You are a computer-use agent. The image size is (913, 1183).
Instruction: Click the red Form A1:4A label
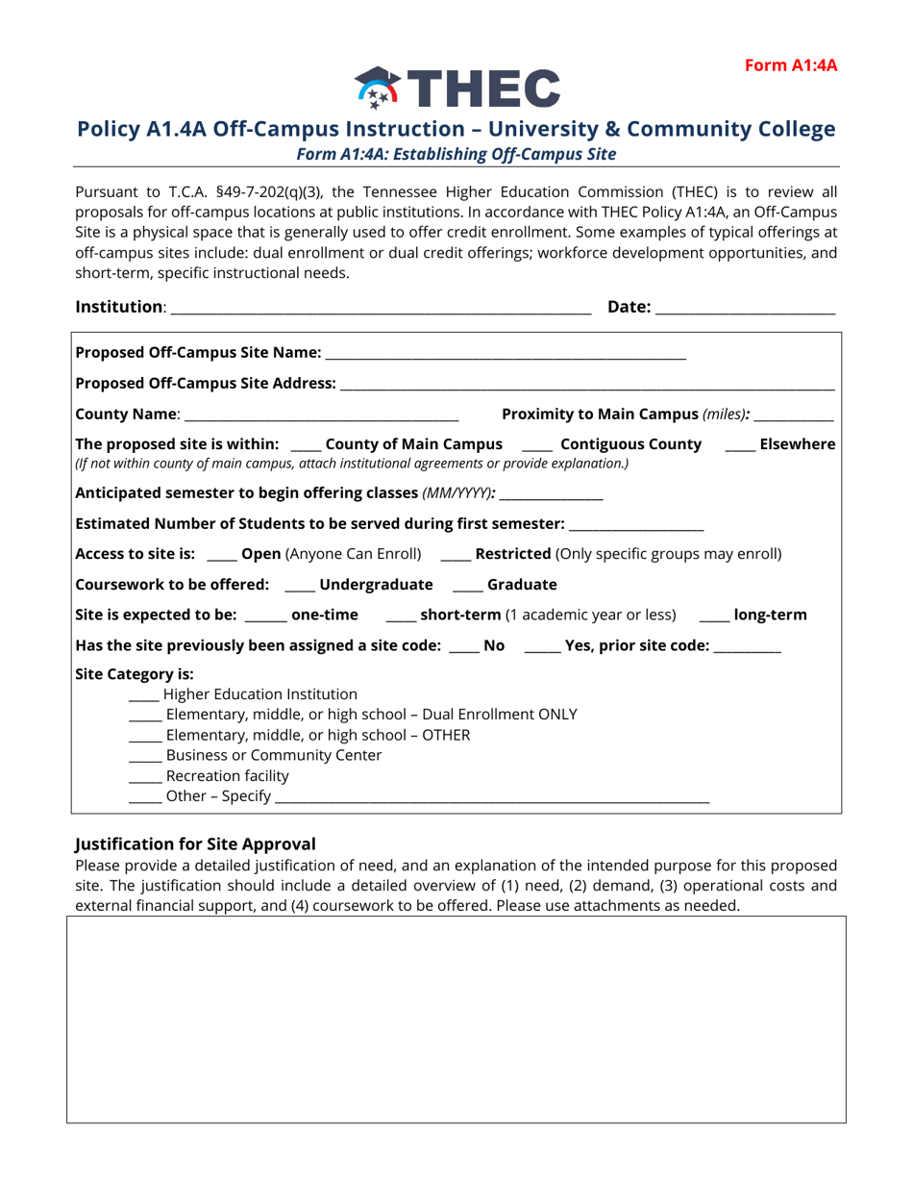pyautogui.click(x=791, y=65)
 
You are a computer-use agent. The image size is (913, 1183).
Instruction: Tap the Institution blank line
pyautogui.click(x=381, y=309)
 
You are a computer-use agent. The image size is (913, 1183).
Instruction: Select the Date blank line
pyautogui.click(x=746, y=309)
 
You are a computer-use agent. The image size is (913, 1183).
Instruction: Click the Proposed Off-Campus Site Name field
pyautogui.click(x=506, y=354)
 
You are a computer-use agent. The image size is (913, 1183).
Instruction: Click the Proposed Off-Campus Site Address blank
pyautogui.click(x=587, y=385)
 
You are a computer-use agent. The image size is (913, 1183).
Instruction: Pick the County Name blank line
pyautogui.click(x=321, y=415)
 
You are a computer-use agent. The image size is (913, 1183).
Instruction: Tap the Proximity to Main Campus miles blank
pyautogui.click(x=794, y=415)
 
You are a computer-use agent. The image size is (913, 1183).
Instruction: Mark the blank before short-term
pyautogui.click(x=400, y=617)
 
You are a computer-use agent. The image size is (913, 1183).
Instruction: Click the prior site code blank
pyautogui.click(x=748, y=647)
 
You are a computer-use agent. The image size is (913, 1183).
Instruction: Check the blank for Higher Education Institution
pyautogui.click(x=143, y=695)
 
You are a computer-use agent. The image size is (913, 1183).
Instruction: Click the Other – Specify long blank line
pyautogui.click(x=492, y=797)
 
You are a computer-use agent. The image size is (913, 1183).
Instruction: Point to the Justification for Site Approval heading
pyautogui.click(x=195, y=844)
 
